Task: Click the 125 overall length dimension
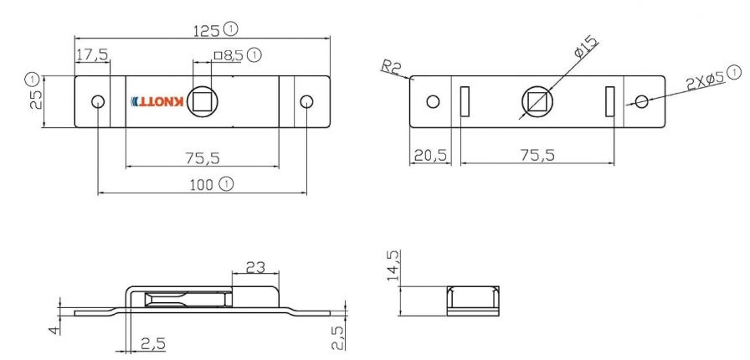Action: click(x=207, y=30)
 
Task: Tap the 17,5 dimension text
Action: click(x=92, y=55)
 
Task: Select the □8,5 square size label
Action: click(x=229, y=56)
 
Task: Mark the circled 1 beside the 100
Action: click(x=226, y=183)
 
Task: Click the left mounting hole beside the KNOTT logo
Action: click(x=98, y=102)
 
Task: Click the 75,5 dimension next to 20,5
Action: click(x=537, y=156)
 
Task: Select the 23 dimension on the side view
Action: click(x=254, y=268)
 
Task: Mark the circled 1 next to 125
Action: click(x=230, y=29)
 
